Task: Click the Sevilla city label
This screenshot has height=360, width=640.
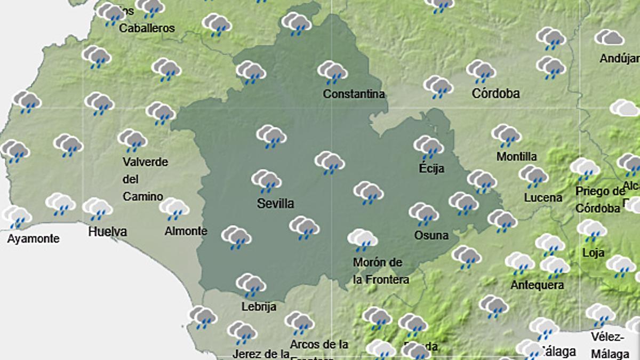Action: point(275,204)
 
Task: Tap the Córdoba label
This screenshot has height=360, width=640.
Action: point(495,94)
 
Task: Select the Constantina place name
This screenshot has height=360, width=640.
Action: point(354,94)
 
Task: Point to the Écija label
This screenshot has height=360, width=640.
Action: point(431,169)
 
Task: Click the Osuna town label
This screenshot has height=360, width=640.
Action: point(431,235)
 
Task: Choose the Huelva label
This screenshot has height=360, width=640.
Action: point(107,231)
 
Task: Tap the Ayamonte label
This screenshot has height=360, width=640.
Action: point(33,239)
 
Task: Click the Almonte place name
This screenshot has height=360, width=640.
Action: point(186,231)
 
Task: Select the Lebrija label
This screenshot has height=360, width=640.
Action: point(259,307)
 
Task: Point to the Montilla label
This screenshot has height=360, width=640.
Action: point(516,157)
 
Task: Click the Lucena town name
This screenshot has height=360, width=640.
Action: point(543,198)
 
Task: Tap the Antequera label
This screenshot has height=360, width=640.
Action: point(537,285)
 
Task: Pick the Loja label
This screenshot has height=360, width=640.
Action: point(593,253)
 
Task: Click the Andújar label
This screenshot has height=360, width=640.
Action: point(619,59)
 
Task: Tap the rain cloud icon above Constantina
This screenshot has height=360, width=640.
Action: point(333,72)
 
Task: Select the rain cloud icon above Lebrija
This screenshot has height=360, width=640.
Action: point(251,285)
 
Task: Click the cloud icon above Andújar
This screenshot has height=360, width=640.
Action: point(609,38)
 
